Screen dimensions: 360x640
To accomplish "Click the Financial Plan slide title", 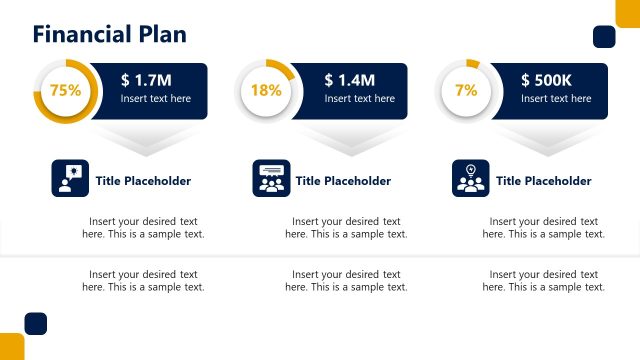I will (109, 35).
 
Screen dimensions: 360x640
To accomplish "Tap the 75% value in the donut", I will (65, 90).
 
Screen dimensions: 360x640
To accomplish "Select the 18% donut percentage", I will (266, 90).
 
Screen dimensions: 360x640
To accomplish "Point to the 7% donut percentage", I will (466, 90).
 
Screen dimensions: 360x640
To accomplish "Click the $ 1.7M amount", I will (146, 80).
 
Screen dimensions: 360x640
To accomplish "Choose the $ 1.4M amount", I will (350, 80).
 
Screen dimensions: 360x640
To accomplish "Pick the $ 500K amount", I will (546, 80).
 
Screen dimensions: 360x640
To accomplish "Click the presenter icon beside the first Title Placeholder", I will (70, 179).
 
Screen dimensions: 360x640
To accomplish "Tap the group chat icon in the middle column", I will (271, 179).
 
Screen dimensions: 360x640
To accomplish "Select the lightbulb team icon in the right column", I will (470, 179).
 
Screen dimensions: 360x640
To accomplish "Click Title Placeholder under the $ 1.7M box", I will (143, 181).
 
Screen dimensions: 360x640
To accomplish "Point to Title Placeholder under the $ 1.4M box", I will (343, 181).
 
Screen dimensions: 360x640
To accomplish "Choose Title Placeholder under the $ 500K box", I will (543, 181).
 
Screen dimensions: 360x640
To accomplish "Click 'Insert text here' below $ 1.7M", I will (155, 99).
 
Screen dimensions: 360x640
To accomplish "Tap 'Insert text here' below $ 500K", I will (556, 99).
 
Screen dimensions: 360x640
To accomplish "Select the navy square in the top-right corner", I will (604, 37).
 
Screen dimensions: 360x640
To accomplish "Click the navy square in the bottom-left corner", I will (36, 323).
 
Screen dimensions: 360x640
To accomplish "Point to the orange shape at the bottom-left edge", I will (11, 347).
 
